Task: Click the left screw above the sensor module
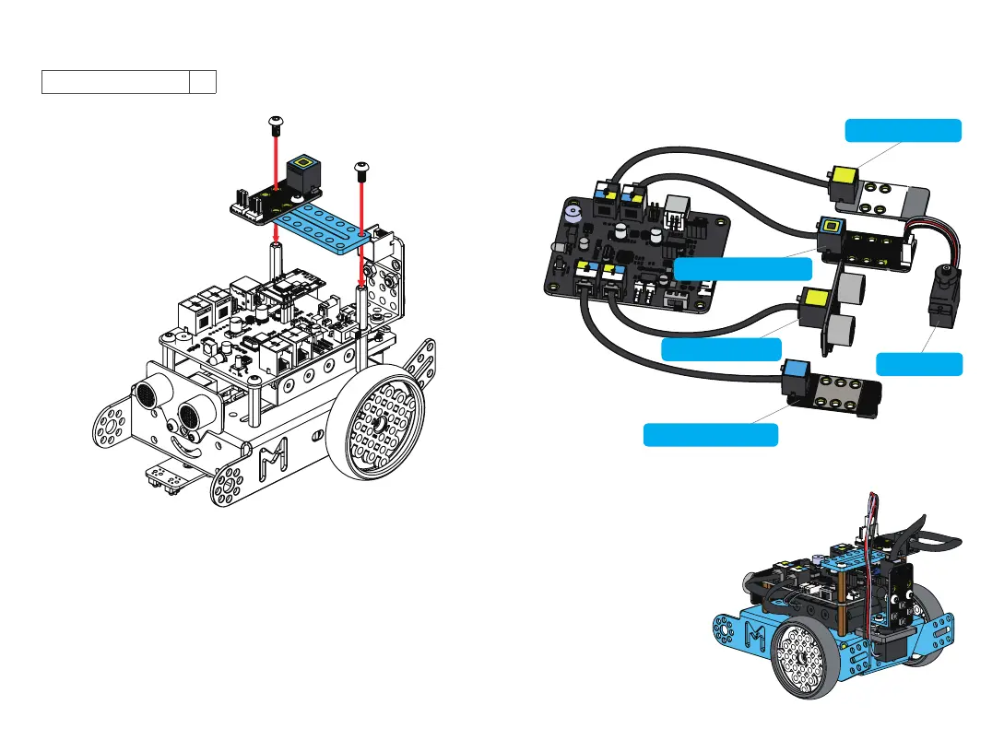[x=274, y=122]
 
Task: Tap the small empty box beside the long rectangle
[x=202, y=81]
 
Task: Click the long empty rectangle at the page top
[x=115, y=81]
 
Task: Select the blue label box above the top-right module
[x=904, y=130]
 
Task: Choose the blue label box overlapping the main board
[x=743, y=268]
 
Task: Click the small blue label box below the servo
[x=918, y=363]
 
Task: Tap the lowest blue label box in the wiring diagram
[x=710, y=434]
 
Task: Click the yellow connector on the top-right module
[x=844, y=175]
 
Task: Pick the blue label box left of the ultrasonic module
[x=721, y=349]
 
